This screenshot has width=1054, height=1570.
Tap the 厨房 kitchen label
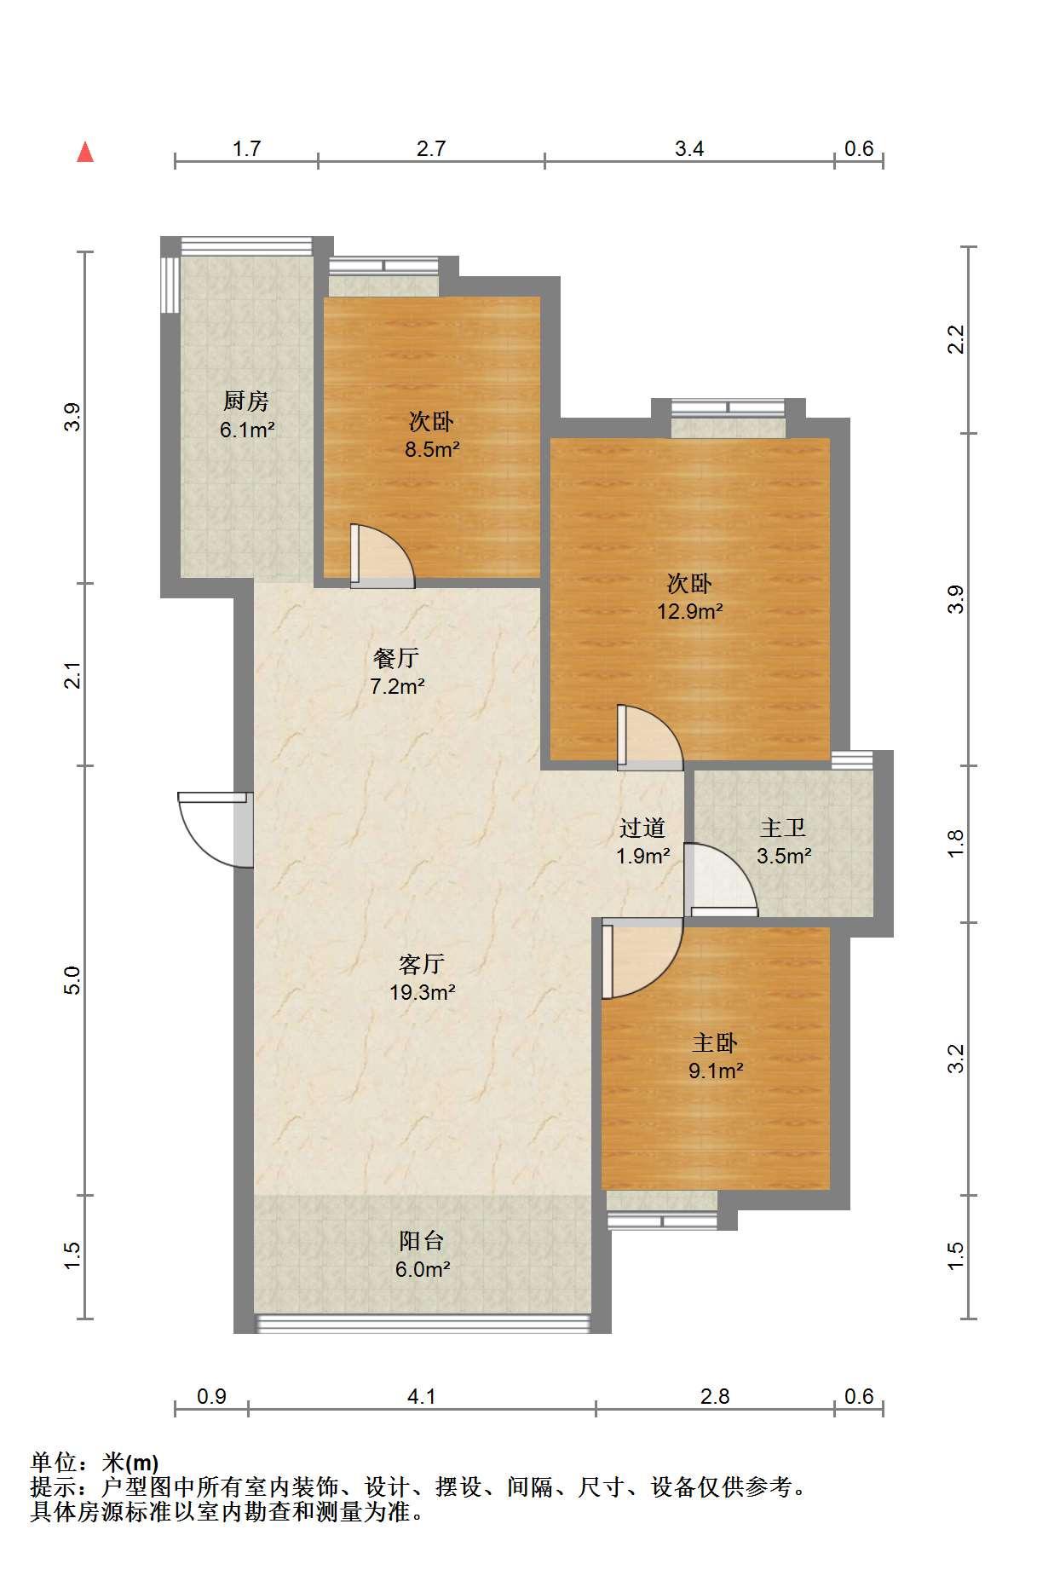tap(246, 401)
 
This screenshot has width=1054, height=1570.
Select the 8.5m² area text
tap(432, 449)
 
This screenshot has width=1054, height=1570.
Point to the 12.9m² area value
tap(689, 611)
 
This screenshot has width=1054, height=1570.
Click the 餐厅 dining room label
tap(396, 658)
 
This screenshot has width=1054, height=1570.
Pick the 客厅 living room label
tap(422, 964)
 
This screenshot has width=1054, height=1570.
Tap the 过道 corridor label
tap(642, 828)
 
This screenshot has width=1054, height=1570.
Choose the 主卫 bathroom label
tap(783, 828)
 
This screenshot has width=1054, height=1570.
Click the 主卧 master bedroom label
tap(715, 1042)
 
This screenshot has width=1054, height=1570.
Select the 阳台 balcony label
tap(422, 1241)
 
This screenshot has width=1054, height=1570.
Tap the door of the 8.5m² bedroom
tap(382, 557)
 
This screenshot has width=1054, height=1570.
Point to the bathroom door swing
tap(721, 880)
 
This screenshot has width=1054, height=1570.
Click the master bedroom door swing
tap(642, 958)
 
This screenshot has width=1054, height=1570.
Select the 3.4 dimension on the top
tap(689, 149)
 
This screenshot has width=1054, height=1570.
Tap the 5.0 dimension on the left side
tap(74, 980)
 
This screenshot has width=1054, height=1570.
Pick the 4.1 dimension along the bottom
tap(422, 1396)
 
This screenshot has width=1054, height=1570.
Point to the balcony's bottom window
tap(423, 1322)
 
